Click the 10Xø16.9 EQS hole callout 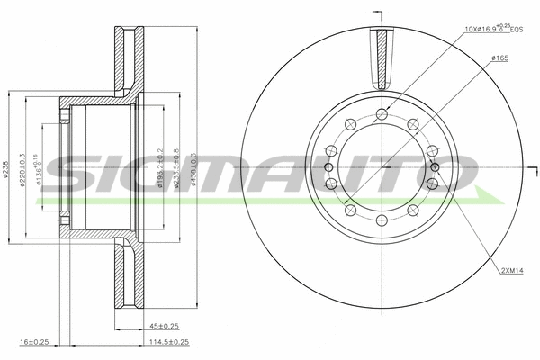[x=493, y=30]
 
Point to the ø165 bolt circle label [x=500, y=58]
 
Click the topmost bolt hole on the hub [x=383, y=113]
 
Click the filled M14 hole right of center [x=436, y=166]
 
